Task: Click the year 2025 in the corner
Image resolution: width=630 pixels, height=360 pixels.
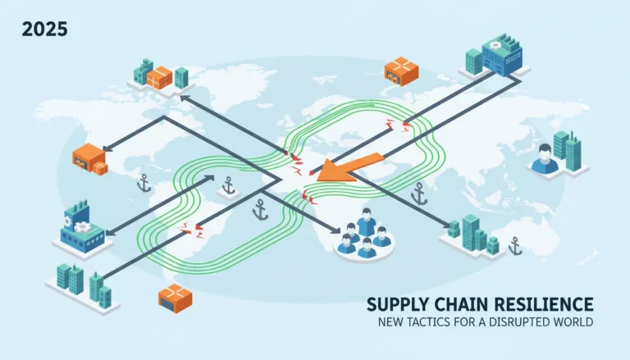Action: coord(44,30)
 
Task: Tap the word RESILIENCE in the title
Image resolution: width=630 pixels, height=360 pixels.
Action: coord(544,304)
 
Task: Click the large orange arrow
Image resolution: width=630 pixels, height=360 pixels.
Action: coord(349,168)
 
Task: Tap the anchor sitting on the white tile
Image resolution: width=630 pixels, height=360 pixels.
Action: coord(229,185)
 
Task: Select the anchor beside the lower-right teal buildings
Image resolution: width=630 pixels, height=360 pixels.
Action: coord(514,246)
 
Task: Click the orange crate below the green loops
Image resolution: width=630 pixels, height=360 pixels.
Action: coord(176,298)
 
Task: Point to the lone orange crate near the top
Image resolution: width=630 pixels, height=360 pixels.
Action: coord(401,71)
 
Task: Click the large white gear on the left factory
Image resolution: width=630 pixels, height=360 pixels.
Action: coord(82,227)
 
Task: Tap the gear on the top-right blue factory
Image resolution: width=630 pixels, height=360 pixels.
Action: coord(495,45)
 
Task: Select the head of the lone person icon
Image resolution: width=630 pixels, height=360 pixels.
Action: coord(545,152)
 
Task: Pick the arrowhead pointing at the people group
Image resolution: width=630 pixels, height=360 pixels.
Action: coord(336,230)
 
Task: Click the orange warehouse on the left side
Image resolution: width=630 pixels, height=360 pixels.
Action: coord(90,159)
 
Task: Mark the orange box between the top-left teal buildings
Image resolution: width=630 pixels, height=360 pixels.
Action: coord(159,78)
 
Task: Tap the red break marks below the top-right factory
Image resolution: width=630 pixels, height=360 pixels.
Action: coord(399,125)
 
